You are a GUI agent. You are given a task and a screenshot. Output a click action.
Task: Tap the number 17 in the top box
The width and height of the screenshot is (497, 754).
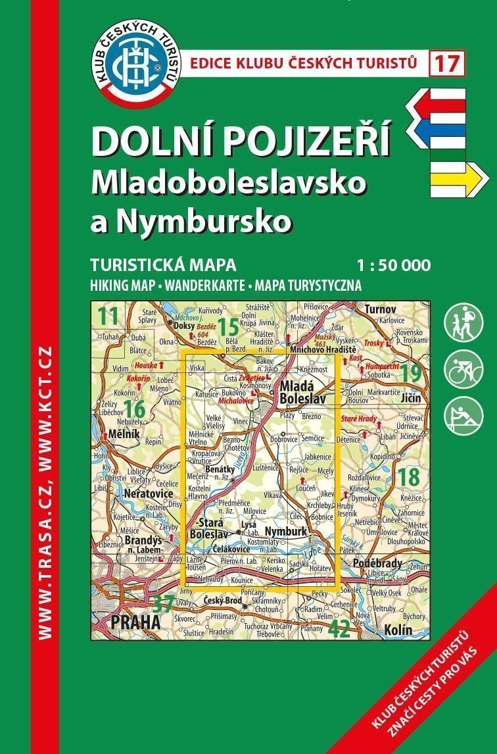click(x=448, y=64)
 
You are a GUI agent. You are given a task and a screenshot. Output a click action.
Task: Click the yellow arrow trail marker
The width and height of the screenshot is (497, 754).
click(x=459, y=178)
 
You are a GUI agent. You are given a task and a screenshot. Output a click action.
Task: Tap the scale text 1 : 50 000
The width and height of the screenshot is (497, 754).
click(x=393, y=266)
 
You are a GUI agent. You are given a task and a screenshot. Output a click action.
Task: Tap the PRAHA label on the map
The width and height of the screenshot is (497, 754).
click(x=136, y=621)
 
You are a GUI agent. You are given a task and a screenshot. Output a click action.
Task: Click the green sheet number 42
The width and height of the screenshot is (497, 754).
click(x=339, y=629)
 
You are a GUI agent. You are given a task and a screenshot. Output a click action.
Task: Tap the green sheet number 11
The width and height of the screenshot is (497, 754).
click(x=108, y=315)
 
